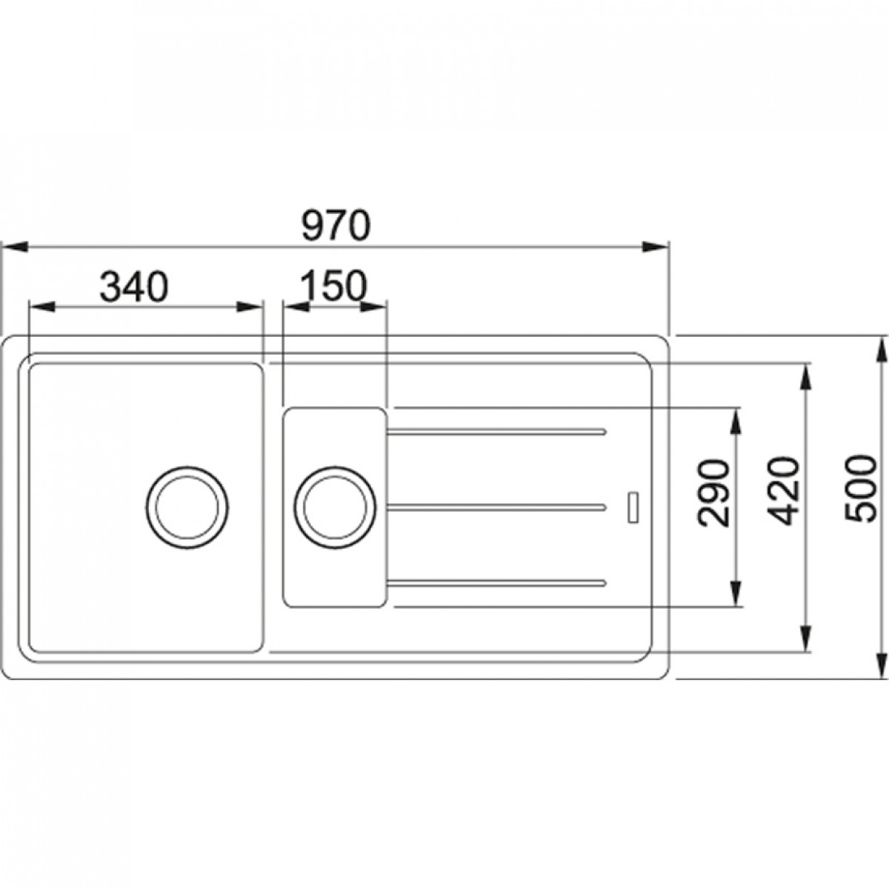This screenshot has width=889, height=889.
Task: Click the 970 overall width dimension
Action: coord(336,225)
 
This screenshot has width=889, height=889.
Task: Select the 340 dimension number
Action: coord(134,286)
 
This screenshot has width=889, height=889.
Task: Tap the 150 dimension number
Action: coord(334,286)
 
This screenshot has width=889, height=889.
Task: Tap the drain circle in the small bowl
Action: coord(335,507)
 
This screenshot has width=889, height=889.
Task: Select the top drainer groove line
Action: coord(496,431)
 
